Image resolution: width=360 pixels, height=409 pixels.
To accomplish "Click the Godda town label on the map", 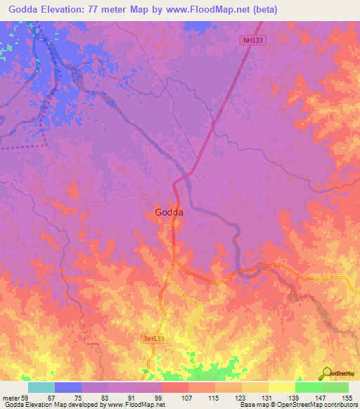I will (x=169, y=212).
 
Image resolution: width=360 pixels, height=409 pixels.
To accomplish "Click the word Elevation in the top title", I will (x=63, y=9).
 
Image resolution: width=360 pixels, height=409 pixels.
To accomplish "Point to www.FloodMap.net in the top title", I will (x=211, y=9).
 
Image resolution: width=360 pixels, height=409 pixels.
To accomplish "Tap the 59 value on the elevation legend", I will (x=27, y=397).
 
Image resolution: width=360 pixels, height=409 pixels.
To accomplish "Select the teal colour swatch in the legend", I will (x=41, y=387).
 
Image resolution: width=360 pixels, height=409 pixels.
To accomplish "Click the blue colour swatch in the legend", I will (x=68, y=387).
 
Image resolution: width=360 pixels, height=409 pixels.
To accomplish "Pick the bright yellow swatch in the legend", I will (x=281, y=387).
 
